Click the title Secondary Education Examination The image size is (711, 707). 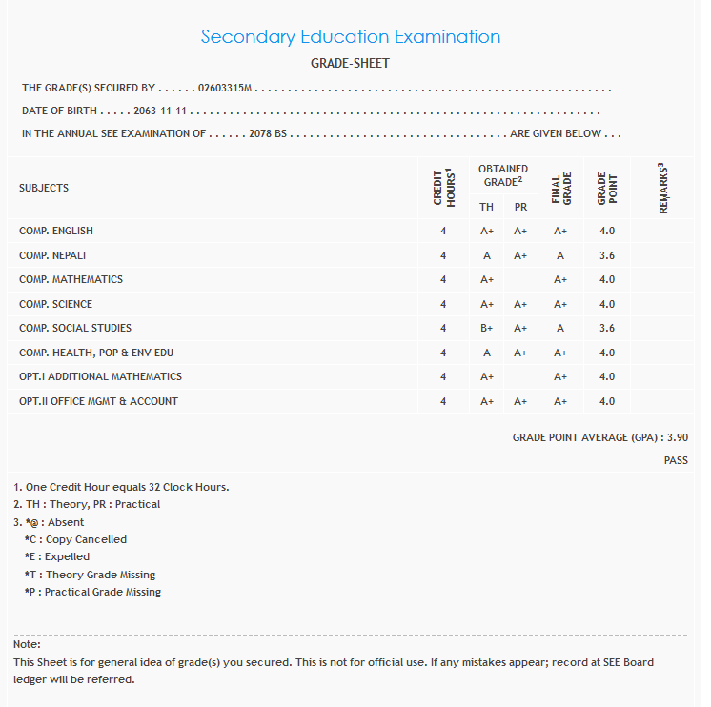350,37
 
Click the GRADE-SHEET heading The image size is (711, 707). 350,64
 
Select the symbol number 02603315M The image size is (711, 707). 224,89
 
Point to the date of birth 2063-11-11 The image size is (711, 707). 160,111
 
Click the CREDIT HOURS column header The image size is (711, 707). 443,188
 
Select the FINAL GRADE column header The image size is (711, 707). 560,189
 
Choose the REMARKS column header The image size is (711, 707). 663,188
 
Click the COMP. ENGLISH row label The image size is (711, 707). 56,231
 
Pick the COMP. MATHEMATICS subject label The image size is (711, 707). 71,279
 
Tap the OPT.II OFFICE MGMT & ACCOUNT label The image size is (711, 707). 98,401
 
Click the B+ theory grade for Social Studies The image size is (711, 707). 486,329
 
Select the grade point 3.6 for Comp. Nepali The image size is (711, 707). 607,255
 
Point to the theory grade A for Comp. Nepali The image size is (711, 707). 486,255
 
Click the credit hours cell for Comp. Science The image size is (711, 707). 443,305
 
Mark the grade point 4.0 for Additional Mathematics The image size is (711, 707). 607,377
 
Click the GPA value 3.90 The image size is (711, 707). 677,437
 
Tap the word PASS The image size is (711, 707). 676,461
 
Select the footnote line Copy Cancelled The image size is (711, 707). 76,539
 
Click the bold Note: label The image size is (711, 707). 27,645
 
